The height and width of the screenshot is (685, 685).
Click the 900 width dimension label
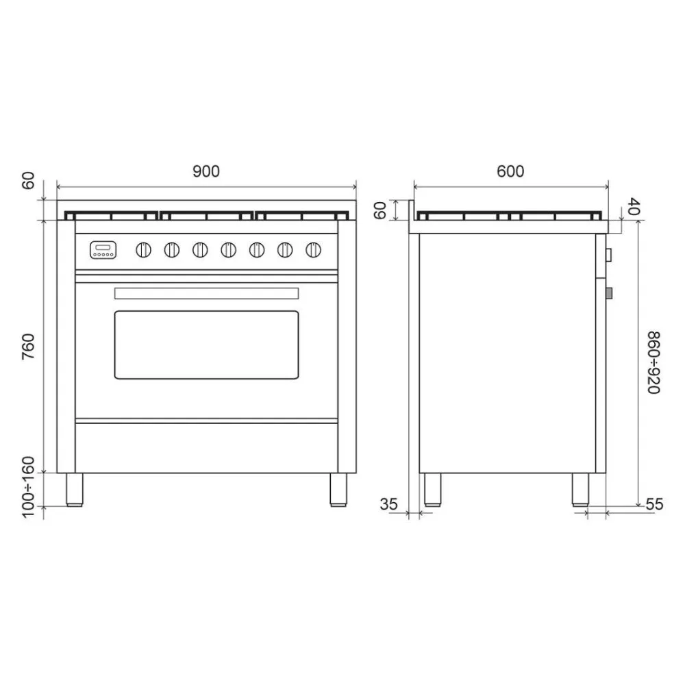(206, 171)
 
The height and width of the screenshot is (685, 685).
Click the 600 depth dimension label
(510, 171)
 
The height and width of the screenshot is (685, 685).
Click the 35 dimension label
(388, 504)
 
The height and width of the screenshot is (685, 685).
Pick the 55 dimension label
(655, 504)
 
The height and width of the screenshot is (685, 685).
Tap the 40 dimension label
(633, 206)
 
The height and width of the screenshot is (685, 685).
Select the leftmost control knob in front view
(144, 250)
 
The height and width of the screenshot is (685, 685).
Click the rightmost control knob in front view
(313, 250)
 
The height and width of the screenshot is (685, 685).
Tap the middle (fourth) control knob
(228, 250)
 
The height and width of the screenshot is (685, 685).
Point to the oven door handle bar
(206, 293)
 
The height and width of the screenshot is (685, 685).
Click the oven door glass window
(206, 345)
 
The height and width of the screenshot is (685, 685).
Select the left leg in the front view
(74, 488)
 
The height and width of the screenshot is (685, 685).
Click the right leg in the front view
(338, 488)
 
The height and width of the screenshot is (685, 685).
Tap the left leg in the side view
(432, 488)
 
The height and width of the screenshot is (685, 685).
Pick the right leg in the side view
(581, 488)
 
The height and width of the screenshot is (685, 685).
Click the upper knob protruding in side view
(609, 256)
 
